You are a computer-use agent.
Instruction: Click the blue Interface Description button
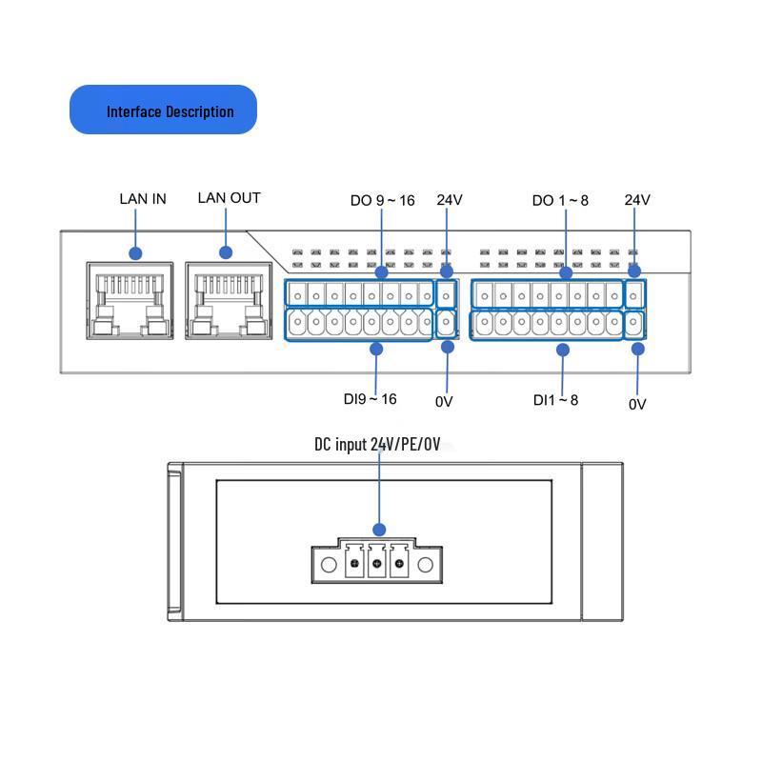pyautogui.click(x=163, y=110)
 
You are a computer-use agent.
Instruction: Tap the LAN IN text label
pyautogui.click(x=143, y=199)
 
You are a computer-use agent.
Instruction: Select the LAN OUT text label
pyautogui.click(x=229, y=198)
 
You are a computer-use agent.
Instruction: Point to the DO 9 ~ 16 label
pyautogui.click(x=382, y=200)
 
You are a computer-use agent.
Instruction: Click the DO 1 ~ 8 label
pyautogui.click(x=560, y=200)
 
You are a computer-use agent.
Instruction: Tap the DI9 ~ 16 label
pyautogui.click(x=370, y=399)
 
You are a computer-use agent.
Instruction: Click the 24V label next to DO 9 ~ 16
pyautogui.click(x=450, y=200)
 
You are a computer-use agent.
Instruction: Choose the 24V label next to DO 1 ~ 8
pyautogui.click(x=637, y=200)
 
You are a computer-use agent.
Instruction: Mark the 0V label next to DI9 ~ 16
pyautogui.click(x=444, y=402)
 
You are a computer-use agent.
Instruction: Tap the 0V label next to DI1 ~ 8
pyautogui.click(x=637, y=404)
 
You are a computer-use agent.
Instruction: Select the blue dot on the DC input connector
pyautogui.click(x=379, y=530)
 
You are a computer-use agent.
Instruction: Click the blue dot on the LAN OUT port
pyautogui.click(x=226, y=252)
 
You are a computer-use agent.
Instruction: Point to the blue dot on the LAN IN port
pyautogui.click(x=135, y=253)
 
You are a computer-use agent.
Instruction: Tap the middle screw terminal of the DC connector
pyautogui.click(x=376, y=566)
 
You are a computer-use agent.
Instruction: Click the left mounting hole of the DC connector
pyautogui.click(x=329, y=566)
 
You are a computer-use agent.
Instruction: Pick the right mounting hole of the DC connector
pyautogui.click(x=425, y=566)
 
